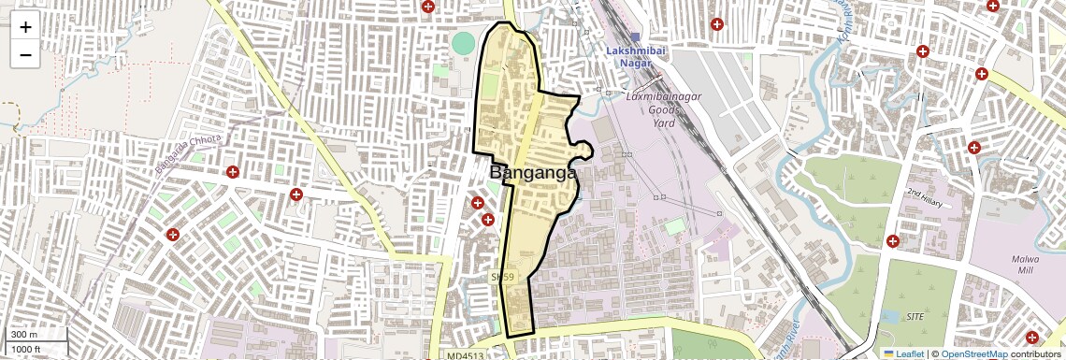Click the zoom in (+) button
coord(25,27)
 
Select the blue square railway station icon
coord(635,36)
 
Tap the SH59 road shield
coord(503,278)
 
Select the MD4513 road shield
coord(466,355)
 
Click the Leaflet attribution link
coord(903,353)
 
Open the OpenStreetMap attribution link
coord(973,353)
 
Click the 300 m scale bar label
coord(24,335)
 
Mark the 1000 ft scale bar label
coord(26,349)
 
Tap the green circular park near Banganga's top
coord(463,43)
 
